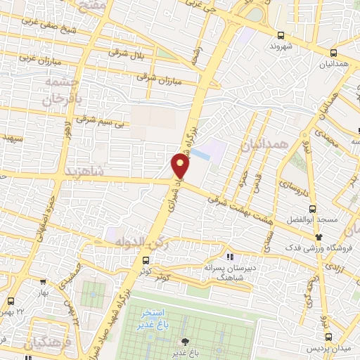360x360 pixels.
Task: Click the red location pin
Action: [x=180, y=165]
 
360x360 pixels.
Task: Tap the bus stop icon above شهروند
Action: [x=281, y=35]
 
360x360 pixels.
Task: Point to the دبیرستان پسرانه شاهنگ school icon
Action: [x=230, y=256]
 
